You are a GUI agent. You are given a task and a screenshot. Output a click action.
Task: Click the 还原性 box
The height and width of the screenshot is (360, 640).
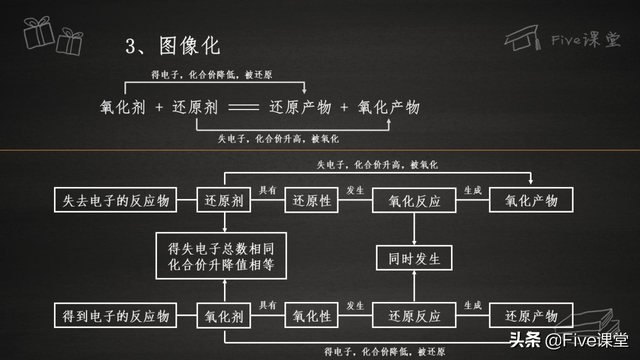pos(313,201)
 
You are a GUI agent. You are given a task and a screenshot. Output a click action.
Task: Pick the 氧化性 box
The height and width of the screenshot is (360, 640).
pos(313,316)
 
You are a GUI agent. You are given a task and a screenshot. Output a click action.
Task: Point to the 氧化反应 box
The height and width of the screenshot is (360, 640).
pos(414,201)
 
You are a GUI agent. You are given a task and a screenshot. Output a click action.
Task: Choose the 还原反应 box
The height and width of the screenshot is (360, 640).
pos(414,316)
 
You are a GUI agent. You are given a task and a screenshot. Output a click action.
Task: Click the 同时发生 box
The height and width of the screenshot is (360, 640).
pos(414,258)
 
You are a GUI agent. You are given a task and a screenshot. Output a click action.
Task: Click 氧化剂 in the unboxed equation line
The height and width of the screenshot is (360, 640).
pos(124,107)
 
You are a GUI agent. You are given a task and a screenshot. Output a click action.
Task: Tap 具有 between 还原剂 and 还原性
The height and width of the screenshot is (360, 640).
pos(267,190)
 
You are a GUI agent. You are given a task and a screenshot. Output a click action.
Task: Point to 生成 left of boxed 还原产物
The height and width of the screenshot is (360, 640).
pos(473,305)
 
